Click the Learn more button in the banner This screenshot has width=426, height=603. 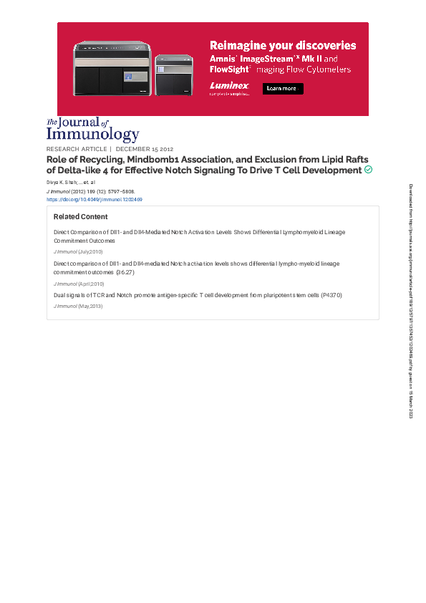(283, 89)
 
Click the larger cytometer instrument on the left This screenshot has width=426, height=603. (113, 69)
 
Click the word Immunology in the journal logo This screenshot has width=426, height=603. (93, 134)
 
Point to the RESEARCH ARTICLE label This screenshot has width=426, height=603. (77, 150)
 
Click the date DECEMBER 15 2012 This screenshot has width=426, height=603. (145, 150)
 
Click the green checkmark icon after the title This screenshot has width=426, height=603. (368, 170)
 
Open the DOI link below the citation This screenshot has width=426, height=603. (94, 200)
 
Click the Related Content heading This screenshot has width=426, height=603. (80, 217)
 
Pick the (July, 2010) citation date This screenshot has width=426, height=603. (91, 252)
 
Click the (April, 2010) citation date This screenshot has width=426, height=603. (91, 284)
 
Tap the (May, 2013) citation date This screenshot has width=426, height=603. (91, 306)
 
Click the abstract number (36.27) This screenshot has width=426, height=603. (125, 273)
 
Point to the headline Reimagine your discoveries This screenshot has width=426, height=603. (282, 45)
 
